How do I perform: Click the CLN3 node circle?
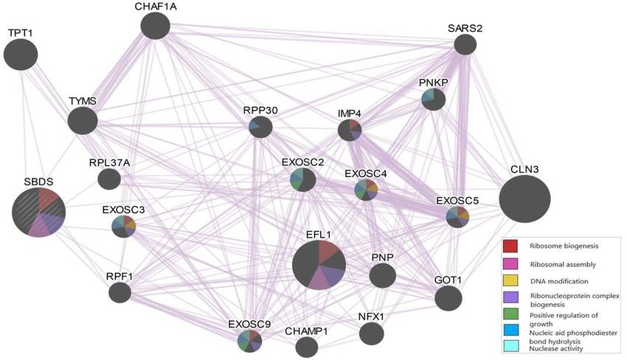tap(524, 199)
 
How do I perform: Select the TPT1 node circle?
tap(21, 55)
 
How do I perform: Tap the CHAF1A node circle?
tap(156, 27)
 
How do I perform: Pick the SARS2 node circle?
tap(465, 45)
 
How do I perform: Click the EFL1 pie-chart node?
tap(319, 265)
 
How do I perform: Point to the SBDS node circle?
tap(39, 212)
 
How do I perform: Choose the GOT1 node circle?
tap(448, 299)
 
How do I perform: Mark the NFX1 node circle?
tap(372, 333)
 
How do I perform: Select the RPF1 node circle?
tap(119, 293)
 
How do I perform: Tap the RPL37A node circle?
tap(109, 179)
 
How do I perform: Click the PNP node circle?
tap(383, 276)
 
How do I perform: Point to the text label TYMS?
tap(82, 101)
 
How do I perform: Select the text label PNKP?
tap(434, 82)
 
